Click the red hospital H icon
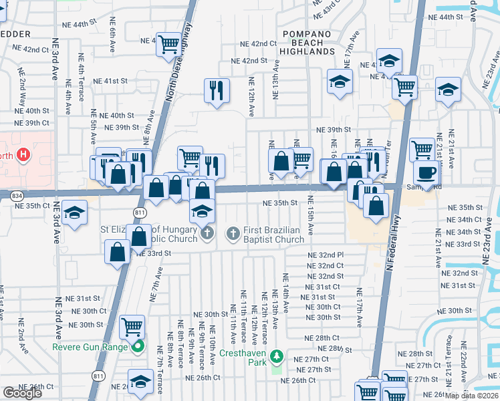point(24,156)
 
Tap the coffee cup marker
point(426,172)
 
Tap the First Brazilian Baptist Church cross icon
point(233,233)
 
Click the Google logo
point(22,392)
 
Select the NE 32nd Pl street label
point(326,255)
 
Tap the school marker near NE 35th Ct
point(76,213)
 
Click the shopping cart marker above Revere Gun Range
point(132,327)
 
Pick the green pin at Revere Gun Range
point(138,346)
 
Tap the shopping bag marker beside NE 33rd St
point(117,251)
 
